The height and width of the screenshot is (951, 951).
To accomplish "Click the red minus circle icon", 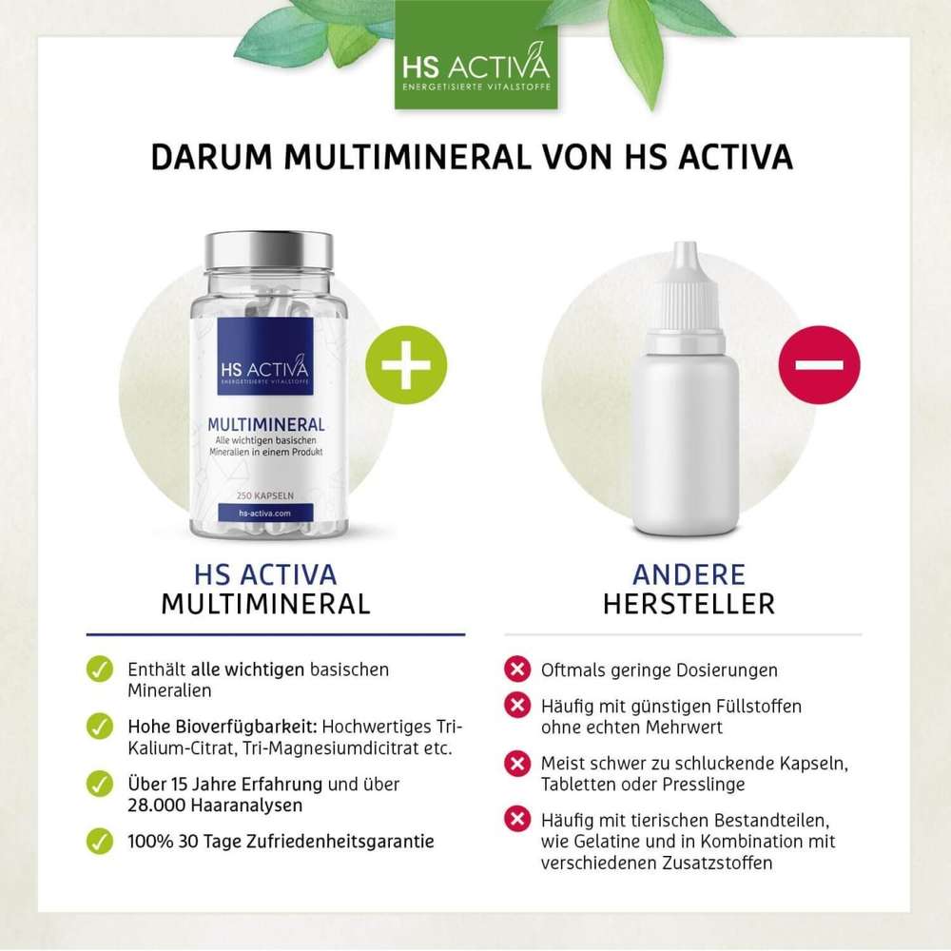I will [x=819, y=365].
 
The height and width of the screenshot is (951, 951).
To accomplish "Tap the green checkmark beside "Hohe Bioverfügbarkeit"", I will [x=98, y=726].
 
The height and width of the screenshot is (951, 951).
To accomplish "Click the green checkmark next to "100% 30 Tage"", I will [x=98, y=841].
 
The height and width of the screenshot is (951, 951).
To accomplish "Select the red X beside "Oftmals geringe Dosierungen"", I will [x=516, y=670].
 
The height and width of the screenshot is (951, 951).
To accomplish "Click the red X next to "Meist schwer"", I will [x=516, y=763].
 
